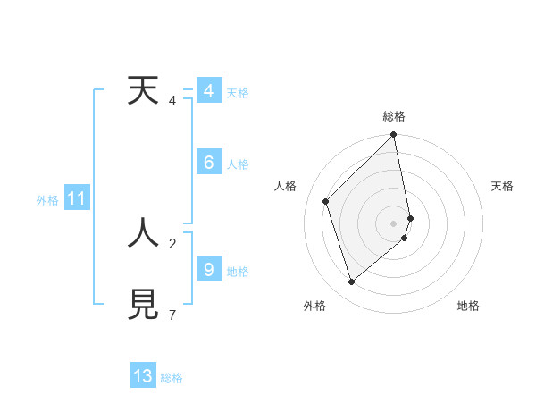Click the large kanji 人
(143, 232)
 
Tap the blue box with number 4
(208, 91)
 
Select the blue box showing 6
(208, 163)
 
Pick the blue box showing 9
(208, 268)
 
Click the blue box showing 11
(76, 198)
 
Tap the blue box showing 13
(143, 375)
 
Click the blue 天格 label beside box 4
(238, 93)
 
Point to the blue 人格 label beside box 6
(238, 164)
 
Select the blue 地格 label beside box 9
(238, 271)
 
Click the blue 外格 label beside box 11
(47, 200)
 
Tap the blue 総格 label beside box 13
(172, 378)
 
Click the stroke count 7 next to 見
(172, 315)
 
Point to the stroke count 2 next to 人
(172, 242)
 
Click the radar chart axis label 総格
(394, 116)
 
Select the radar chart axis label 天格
(502, 186)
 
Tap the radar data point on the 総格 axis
(394, 135)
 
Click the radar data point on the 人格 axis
(326, 201)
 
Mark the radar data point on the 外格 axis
(352, 281)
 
